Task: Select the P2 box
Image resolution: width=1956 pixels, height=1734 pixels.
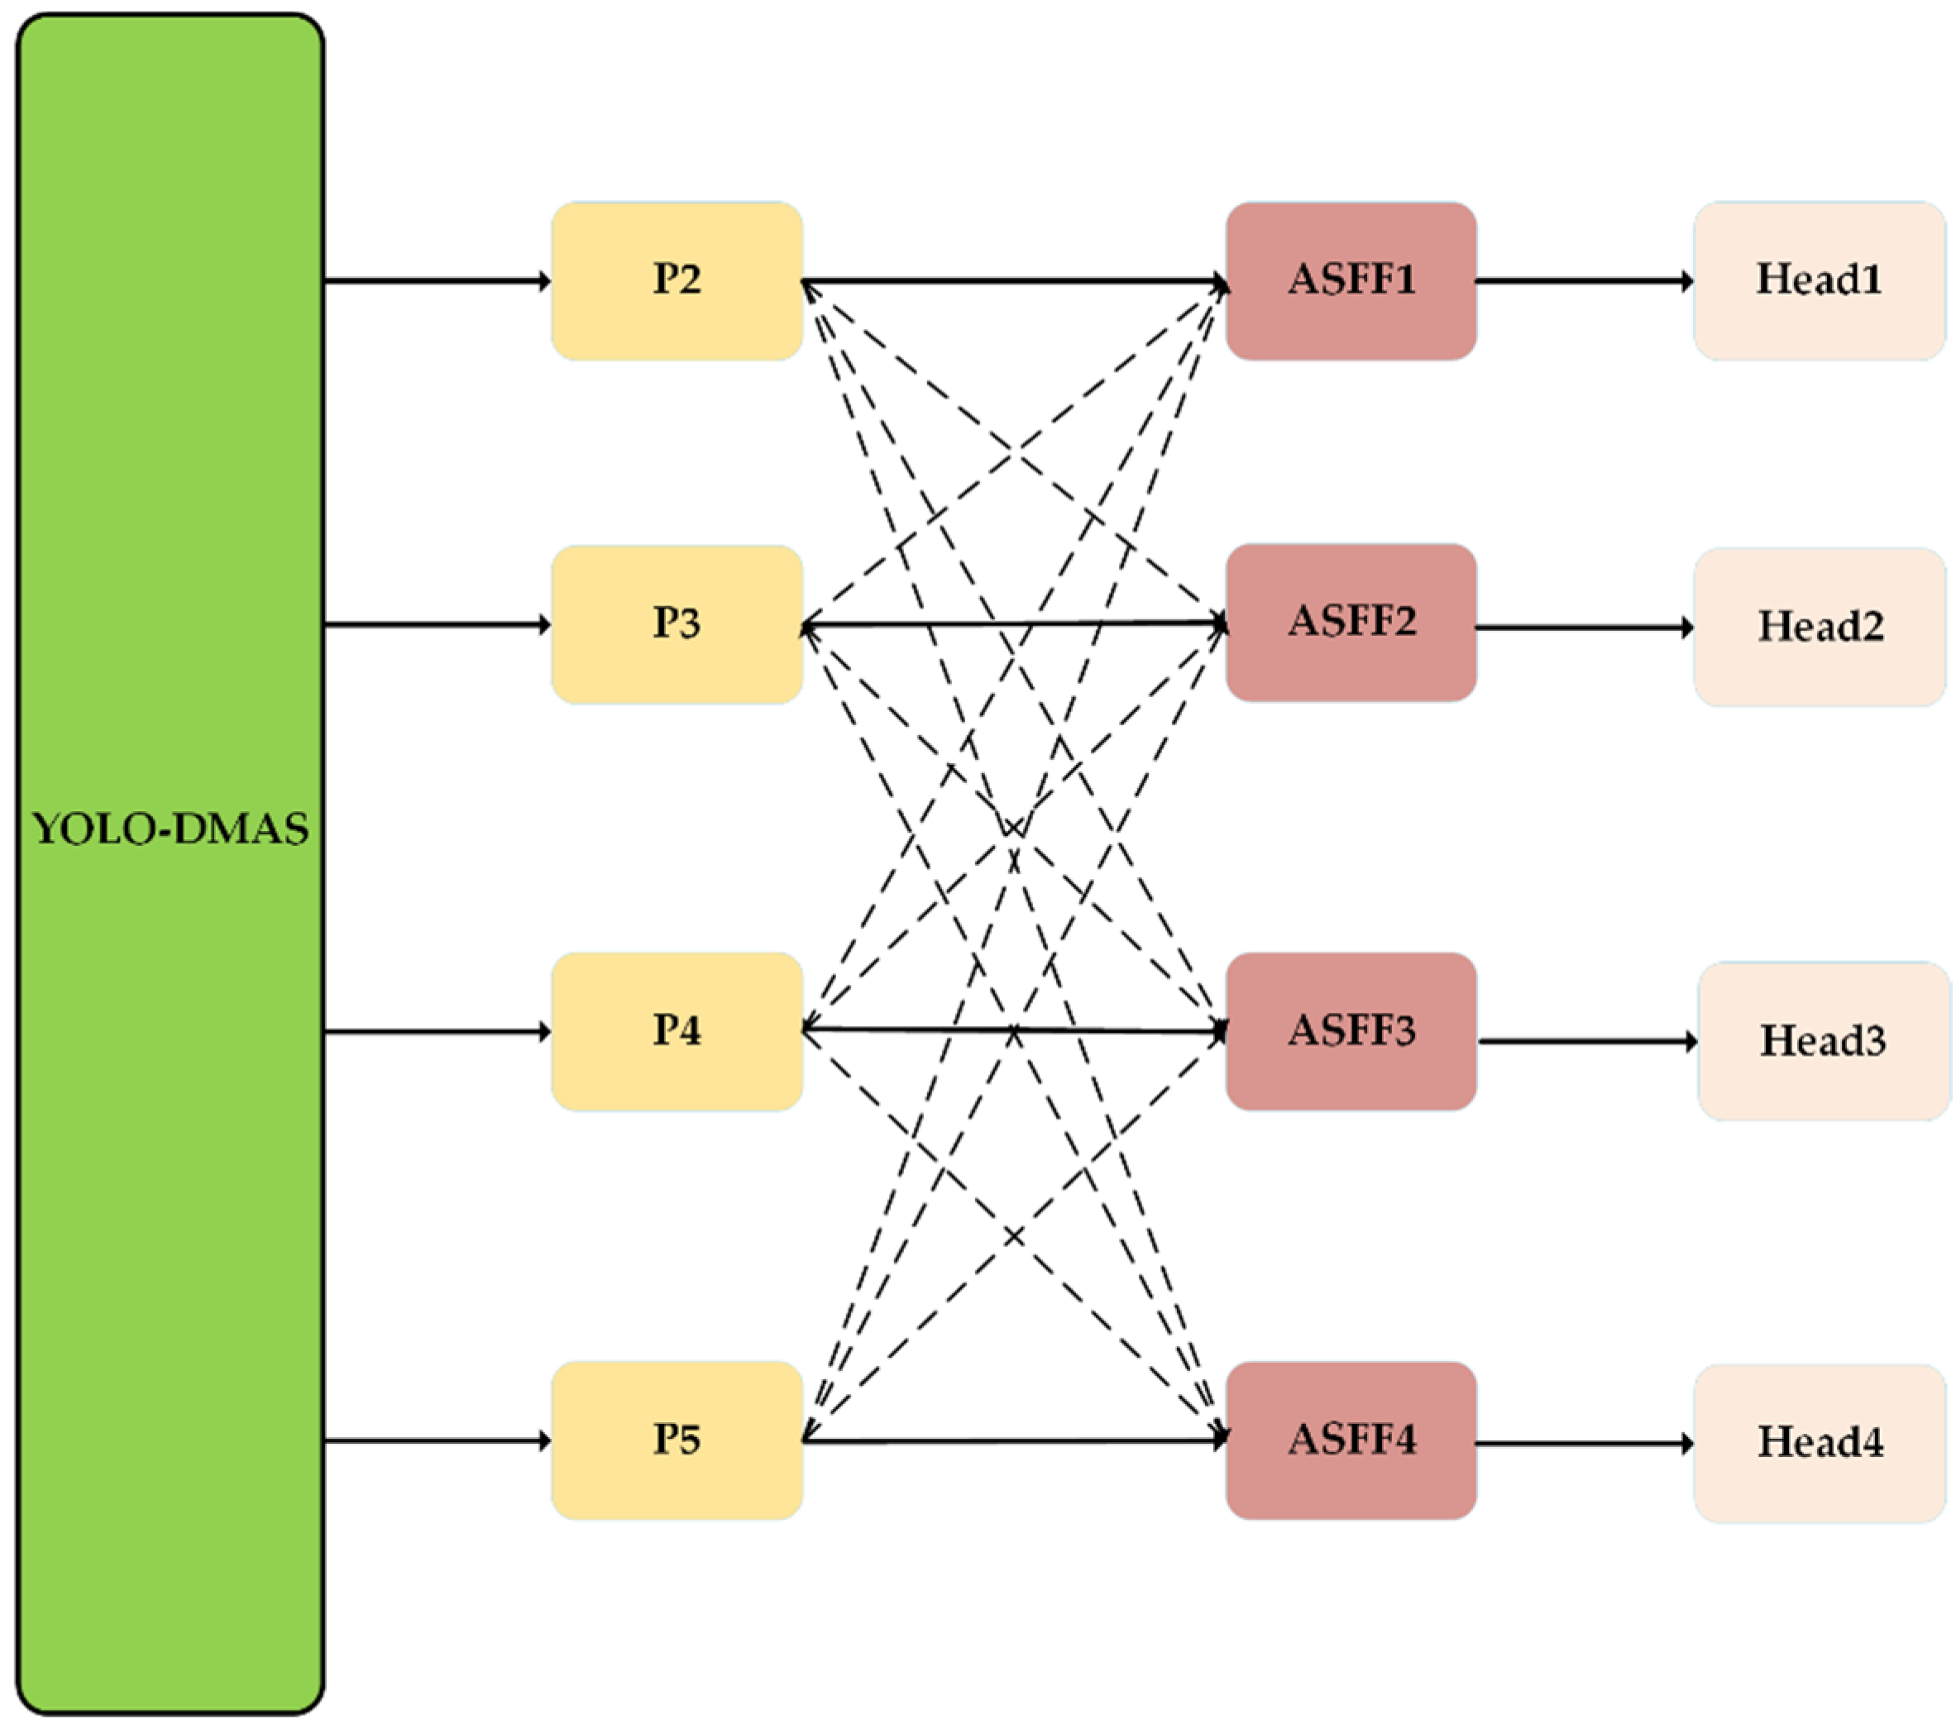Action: (x=677, y=280)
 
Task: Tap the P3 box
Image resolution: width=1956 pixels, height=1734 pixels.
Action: (x=677, y=624)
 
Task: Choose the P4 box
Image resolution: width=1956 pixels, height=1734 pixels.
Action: (x=677, y=1030)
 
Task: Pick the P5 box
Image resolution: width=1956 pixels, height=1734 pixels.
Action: (x=677, y=1440)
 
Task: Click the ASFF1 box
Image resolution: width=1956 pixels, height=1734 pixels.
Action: (x=1351, y=280)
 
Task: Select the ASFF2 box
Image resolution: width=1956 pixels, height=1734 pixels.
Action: (x=1351, y=622)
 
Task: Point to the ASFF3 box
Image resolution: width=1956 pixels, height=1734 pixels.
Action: (x=1351, y=1030)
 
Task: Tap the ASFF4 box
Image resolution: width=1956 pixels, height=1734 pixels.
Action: (x=1351, y=1440)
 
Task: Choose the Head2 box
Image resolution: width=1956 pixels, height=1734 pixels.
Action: (x=1820, y=627)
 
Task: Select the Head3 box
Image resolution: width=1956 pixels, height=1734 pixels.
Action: (x=1823, y=1040)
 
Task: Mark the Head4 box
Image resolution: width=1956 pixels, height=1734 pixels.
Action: (x=1820, y=1442)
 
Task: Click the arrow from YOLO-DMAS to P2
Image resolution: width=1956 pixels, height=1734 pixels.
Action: (x=438, y=280)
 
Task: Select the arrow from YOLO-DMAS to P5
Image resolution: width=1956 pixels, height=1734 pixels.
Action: (x=438, y=1440)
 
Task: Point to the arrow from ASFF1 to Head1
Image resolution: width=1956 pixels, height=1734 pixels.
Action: (x=1584, y=281)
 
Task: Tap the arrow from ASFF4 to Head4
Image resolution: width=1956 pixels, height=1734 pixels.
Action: (x=1584, y=1443)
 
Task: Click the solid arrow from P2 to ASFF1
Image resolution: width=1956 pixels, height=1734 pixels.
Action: (x=1014, y=281)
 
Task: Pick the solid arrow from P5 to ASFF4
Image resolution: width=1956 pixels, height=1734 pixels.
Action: (x=1014, y=1440)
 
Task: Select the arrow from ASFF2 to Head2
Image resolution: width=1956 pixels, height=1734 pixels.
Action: (x=1584, y=628)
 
